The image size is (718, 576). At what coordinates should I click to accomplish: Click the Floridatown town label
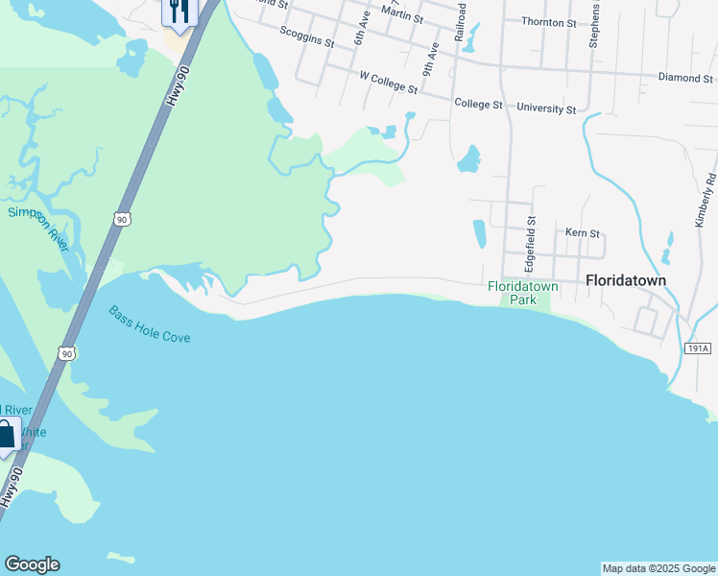pyautogui.click(x=626, y=279)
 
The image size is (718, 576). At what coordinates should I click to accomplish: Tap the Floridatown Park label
pyautogui.click(x=523, y=293)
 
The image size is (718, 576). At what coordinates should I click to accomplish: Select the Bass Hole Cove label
pyautogui.click(x=149, y=325)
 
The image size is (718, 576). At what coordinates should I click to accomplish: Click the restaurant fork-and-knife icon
pyautogui.click(x=179, y=11)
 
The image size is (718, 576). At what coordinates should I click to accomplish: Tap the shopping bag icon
pyautogui.click(x=6, y=433)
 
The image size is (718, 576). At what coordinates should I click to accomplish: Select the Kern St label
pyautogui.click(x=582, y=232)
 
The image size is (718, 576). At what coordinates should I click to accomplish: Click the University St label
pyautogui.click(x=546, y=108)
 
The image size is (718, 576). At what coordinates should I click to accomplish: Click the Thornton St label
pyautogui.click(x=548, y=20)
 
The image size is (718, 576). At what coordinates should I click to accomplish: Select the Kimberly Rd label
pyautogui.click(x=706, y=200)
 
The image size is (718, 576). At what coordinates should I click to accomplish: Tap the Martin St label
pyautogui.click(x=402, y=15)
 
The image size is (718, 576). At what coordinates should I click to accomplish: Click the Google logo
pyautogui.click(x=32, y=564)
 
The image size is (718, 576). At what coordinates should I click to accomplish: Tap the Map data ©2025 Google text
pyautogui.click(x=658, y=568)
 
